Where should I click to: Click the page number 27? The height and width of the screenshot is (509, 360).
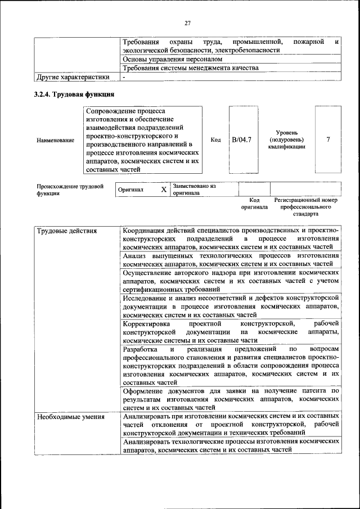tap(187, 23)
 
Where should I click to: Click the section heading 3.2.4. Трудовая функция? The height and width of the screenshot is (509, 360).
tap(74, 94)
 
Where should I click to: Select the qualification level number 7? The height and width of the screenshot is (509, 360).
tap(328, 139)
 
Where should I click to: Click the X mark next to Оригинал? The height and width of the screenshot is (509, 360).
tap(164, 190)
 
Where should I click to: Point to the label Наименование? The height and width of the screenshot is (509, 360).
tap(55, 139)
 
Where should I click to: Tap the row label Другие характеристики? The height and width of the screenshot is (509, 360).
tap(73, 77)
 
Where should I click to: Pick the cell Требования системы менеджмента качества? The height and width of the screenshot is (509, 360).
tap(191, 68)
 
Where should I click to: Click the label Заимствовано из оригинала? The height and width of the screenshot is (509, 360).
tap(194, 189)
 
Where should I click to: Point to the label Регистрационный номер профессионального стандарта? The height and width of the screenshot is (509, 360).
tap(305, 207)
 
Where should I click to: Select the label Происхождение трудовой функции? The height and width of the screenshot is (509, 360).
tap(70, 190)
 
